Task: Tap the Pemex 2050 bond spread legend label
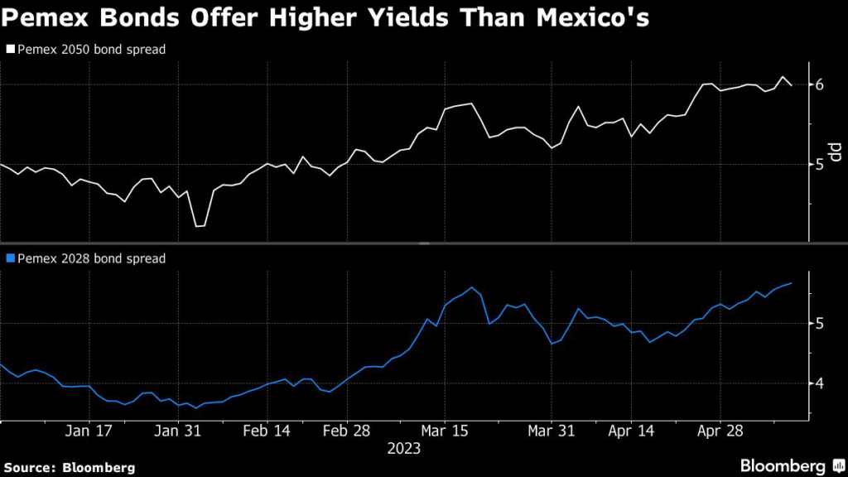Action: [x=91, y=50]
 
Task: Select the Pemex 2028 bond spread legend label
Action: [x=91, y=258]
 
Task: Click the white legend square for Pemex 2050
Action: [x=10, y=50]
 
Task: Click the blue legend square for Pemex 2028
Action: [x=10, y=258]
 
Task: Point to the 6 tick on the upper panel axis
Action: [x=820, y=84]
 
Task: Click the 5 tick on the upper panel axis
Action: [x=820, y=164]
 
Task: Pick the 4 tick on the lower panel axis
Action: [x=820, y=383]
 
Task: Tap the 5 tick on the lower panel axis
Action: [x=820, y=323]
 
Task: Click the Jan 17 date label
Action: [x=88, y=431]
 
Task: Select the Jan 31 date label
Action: [x=178, y=431]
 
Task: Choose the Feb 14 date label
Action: [x=267, y=431]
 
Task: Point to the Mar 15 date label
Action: [x=445, y=431]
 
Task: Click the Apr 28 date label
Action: [x=720, y=431]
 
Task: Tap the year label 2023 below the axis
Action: [x=404, y=448]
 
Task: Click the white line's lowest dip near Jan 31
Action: [x=198, y=226]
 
